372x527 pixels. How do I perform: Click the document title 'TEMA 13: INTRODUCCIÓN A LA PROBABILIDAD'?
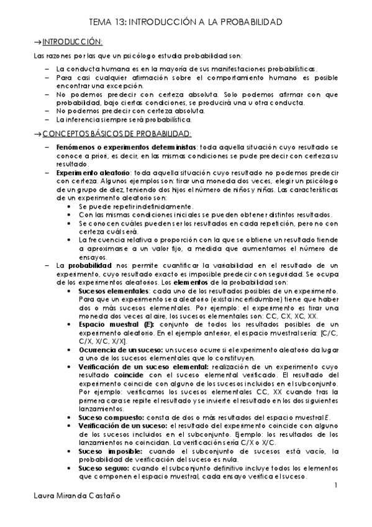coord(186,22)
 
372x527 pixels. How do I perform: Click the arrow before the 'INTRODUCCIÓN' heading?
coord(36,41)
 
